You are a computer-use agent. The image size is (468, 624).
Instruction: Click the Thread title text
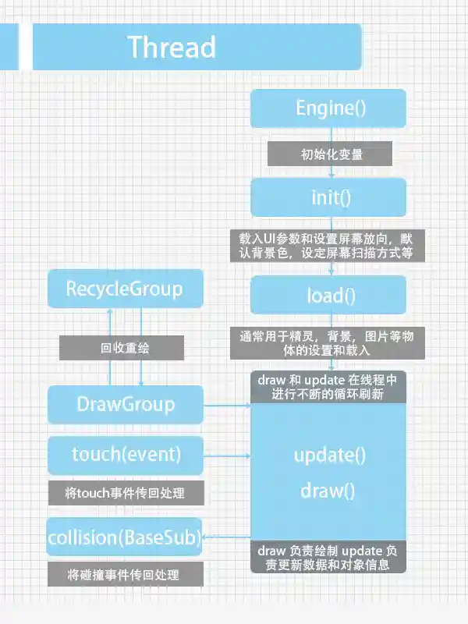[171, 47]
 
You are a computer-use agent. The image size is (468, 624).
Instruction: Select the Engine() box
[328, 108]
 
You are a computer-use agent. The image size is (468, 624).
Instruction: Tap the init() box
[328, 197]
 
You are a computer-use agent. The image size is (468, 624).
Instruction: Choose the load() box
[328, 295]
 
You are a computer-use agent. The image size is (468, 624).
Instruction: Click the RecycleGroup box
[125, 289]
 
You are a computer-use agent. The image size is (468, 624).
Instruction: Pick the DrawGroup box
[125, 405]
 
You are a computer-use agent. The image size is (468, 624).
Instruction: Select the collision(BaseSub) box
[125, 537]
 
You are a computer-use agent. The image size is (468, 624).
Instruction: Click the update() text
[329, 455]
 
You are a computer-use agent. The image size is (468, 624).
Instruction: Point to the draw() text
[328, 491]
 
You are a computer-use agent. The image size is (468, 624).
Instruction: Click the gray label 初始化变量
[328, 154]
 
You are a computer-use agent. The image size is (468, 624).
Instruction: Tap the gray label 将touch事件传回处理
[125, 493]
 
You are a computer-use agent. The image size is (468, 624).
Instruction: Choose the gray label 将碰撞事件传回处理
[125, 576]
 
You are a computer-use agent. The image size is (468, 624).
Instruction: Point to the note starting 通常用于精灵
[331, 343]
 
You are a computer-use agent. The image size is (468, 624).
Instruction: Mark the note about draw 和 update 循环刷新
[328, 387]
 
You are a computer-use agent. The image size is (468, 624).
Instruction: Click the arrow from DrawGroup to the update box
[226, 405]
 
